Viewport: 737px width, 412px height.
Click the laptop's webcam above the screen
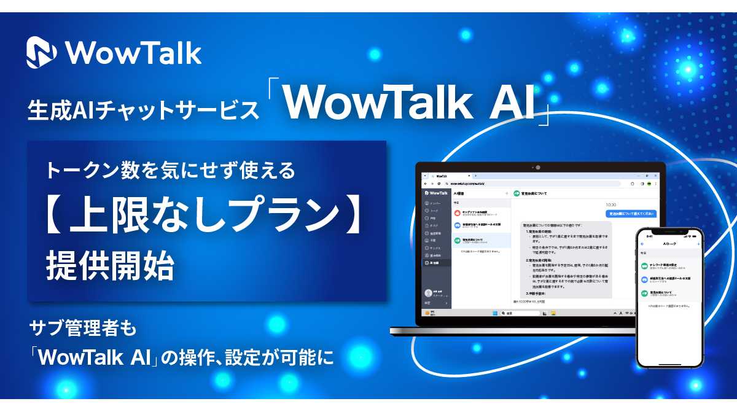pos(538,167)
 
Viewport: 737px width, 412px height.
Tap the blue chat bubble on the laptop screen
pos(630,214)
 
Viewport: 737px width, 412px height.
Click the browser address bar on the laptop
pos(528,183)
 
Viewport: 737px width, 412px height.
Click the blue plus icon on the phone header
pos(698,244)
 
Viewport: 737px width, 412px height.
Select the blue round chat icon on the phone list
pos(644,279)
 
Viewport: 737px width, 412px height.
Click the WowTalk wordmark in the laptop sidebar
pos(439,193)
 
